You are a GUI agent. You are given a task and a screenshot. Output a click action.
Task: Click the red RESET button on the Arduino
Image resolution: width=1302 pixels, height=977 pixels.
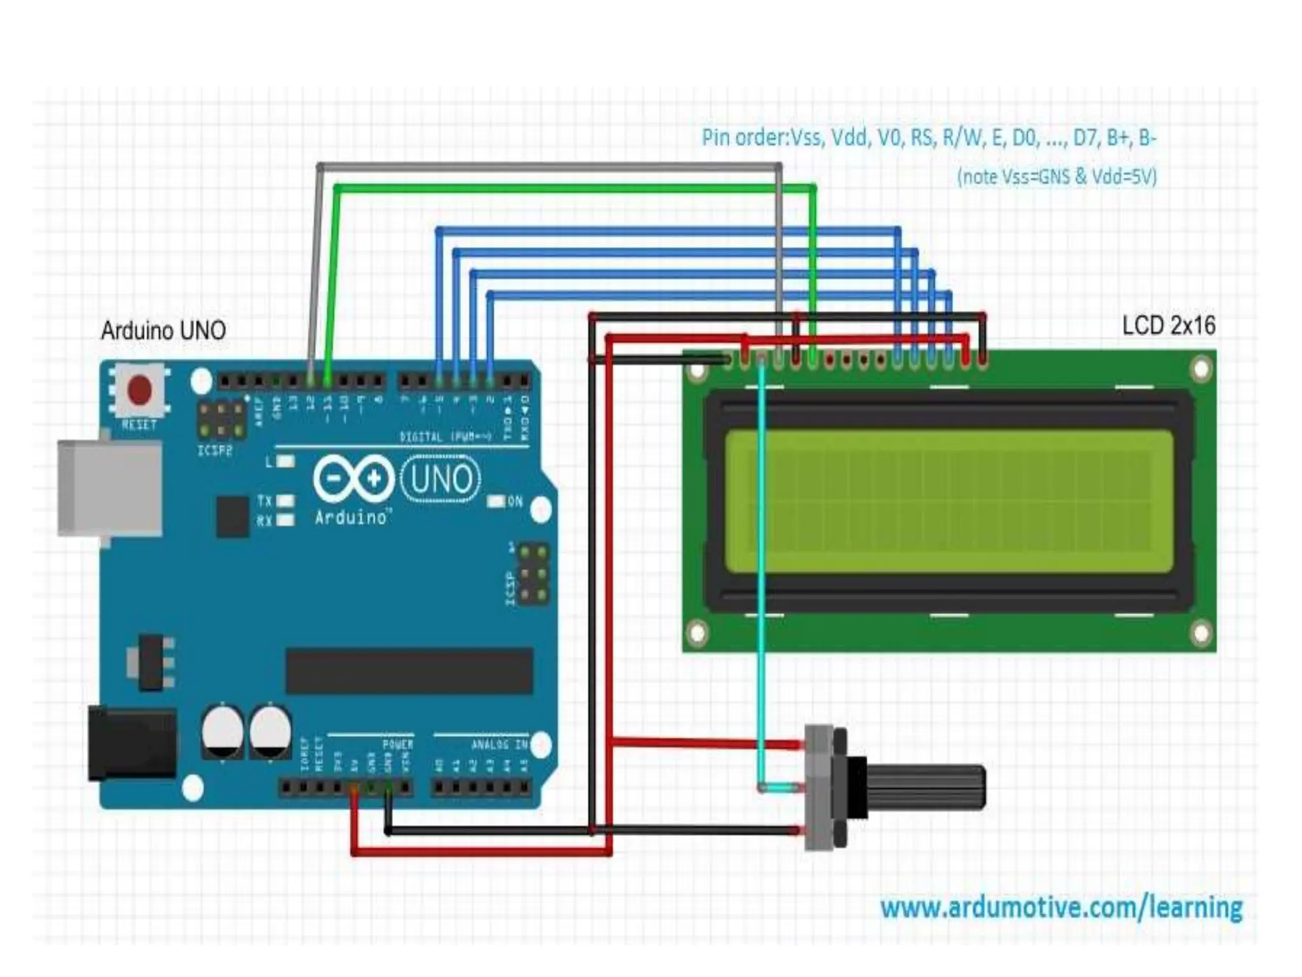point(140,389)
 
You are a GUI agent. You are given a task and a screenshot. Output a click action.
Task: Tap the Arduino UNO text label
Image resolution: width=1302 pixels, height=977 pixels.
point(163,331)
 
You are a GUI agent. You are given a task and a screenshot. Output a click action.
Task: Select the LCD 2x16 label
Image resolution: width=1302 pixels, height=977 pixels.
point(1168,326)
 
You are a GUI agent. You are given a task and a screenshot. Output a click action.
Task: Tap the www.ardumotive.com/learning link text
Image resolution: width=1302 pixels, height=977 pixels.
point(1061,907)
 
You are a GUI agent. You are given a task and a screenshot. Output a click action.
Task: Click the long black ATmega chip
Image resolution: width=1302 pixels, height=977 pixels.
point(409,671)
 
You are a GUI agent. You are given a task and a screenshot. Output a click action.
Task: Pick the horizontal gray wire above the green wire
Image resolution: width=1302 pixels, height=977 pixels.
point(547,167)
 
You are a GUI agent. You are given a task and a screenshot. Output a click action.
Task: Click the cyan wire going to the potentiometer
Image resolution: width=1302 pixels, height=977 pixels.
point(762,572)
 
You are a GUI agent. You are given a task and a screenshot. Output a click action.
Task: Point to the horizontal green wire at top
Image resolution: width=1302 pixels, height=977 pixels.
point(572,188)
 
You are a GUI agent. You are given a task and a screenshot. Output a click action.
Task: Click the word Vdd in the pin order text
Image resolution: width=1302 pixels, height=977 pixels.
point(848,137)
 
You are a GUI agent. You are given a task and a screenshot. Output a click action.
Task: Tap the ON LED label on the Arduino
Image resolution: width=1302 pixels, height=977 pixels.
point(515,501)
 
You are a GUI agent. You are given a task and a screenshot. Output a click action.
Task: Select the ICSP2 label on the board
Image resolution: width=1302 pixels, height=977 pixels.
point(215,450)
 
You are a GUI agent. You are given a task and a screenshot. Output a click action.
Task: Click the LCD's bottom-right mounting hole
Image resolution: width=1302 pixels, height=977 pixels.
point(1201,634)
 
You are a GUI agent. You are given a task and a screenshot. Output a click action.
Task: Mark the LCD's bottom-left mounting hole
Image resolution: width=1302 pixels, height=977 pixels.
point(697,634)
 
